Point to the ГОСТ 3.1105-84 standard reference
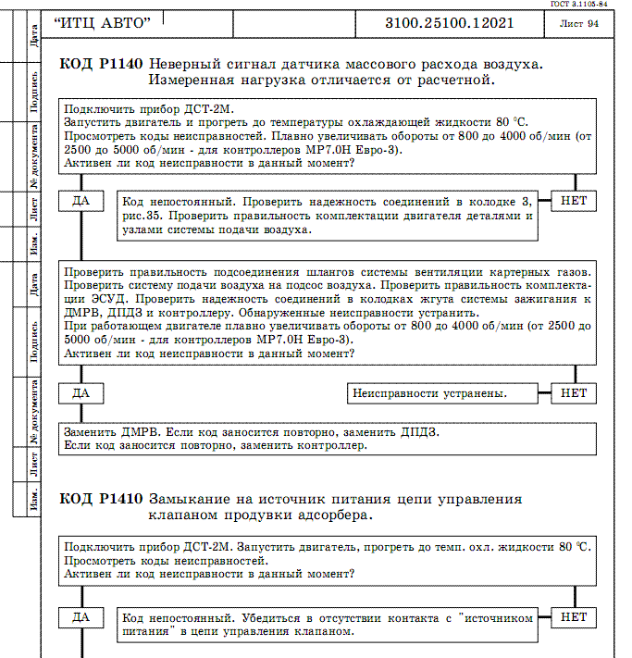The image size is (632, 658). point(600,4)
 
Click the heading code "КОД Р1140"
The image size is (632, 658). point(100,64)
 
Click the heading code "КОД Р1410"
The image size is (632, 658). point(100,499)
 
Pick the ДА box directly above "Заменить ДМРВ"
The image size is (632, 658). point(81,393)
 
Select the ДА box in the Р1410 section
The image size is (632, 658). point(81,616)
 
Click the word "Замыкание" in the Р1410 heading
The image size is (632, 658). point(187,499)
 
